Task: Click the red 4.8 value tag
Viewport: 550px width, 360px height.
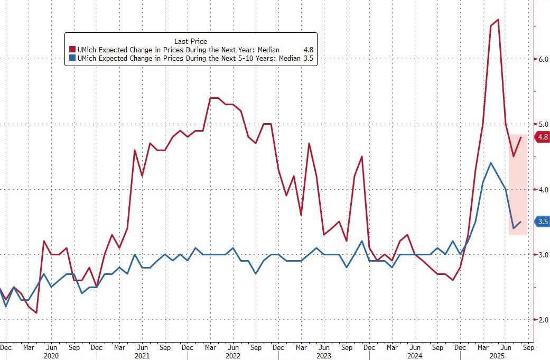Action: click(543, 137)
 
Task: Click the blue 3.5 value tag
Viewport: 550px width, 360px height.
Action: click(543, 222)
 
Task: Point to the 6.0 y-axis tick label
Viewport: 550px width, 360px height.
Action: click(543, 59)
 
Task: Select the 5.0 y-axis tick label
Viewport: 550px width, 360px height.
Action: click(543, 124)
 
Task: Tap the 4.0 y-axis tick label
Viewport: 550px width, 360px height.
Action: click(543, 189)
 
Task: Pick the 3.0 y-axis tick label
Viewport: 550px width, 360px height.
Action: click(543, 255)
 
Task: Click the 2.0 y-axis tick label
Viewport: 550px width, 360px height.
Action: click(543, 320)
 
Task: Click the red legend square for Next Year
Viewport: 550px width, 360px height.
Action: click(72, 50)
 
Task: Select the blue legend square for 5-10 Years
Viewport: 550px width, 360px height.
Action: click(72, 59)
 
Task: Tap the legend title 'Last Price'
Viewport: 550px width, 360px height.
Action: click(191, 41)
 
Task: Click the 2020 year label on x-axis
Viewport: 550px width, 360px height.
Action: click(51, 356)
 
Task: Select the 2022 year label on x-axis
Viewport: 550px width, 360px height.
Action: click(233, 356)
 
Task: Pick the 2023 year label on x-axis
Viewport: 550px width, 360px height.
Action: click(324, 356)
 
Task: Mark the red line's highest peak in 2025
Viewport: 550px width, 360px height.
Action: click(498, 20)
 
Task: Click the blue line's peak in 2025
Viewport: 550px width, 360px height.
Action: click(491, 163)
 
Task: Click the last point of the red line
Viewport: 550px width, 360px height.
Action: click(521, 137)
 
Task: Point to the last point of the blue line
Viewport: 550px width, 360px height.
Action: click(521, 222)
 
